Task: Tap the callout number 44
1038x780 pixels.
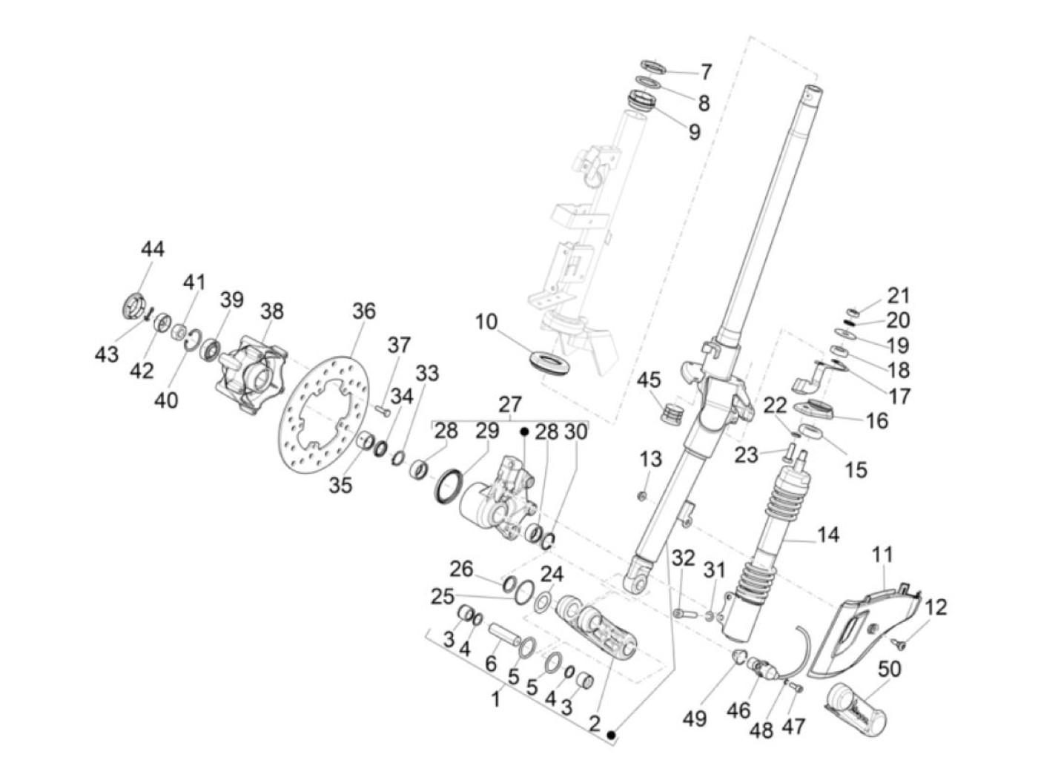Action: pos(153,250)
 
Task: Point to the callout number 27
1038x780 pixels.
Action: pos(510,405)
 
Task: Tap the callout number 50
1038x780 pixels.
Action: pos(889,670)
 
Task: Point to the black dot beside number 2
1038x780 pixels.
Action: pos(612,735)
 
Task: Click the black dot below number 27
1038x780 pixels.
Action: pos(524,431)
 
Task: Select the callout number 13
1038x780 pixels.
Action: pos(650,460)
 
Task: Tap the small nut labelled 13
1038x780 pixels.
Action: pos(643,495)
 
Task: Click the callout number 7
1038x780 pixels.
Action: pos(706,72)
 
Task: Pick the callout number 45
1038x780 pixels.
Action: pos(649,381)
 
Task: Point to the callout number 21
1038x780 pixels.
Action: pos(898,296)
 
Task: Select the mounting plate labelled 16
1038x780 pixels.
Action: pos(816,409)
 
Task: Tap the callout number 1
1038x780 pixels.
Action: pos(496,697)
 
